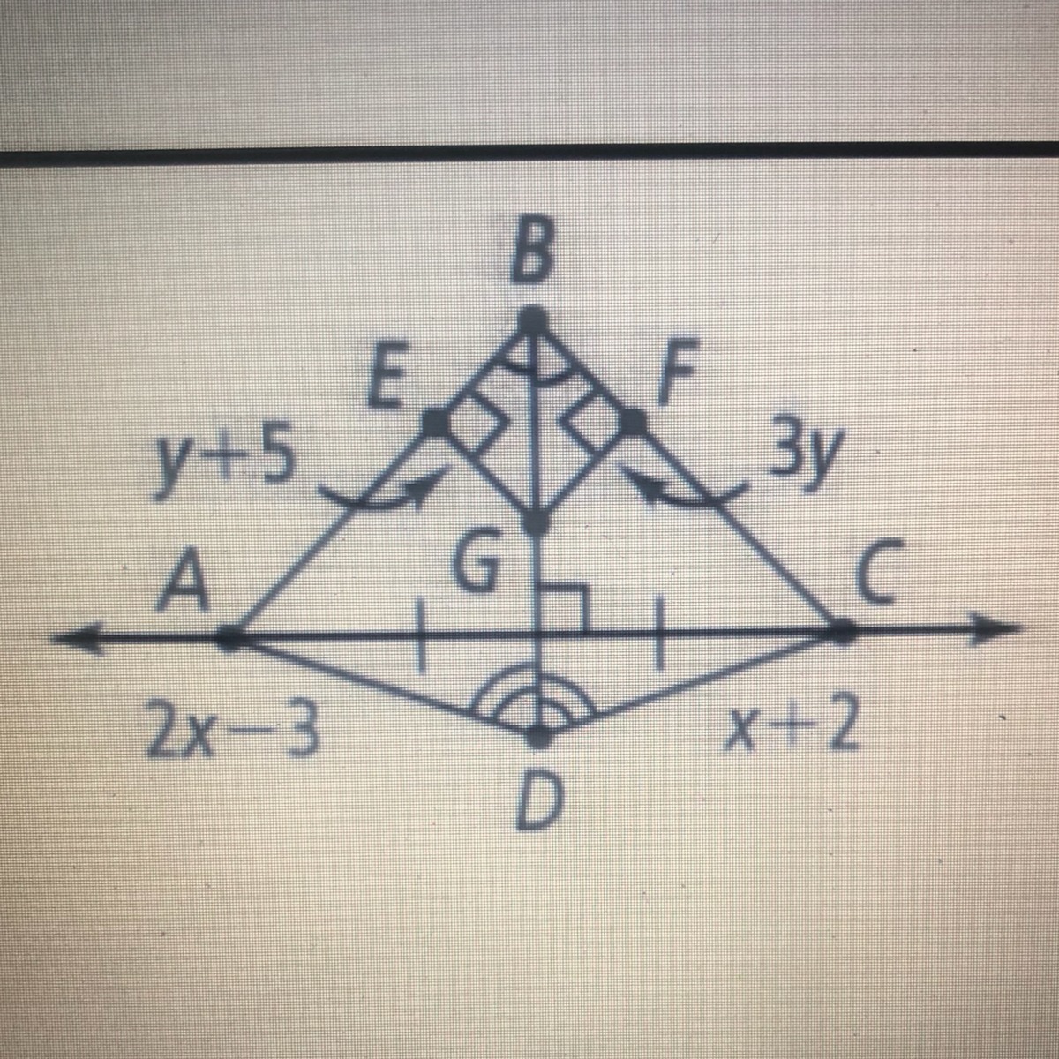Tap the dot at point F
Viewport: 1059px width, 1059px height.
click(632, 422)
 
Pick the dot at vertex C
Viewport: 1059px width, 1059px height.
click(841, 631)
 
